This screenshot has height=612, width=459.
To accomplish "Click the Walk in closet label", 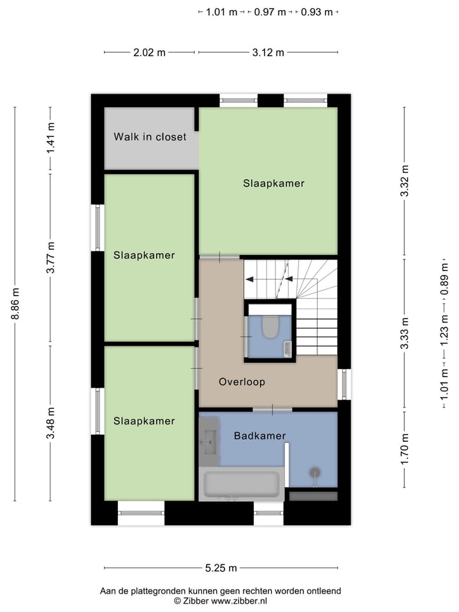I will pyautogui.click(x=150, y=136).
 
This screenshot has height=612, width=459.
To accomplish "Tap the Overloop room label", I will pyautogui.click(x=242, y=382).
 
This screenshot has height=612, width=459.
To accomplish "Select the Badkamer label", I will pyautogui.click(x=259, y=436).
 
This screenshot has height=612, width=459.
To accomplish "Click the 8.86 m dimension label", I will pyautogui.click(x=15, y=304).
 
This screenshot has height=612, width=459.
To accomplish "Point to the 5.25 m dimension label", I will pyautogui.click(x=221, y=568).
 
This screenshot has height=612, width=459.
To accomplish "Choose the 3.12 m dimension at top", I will pyautogui.click(x=268, y=52).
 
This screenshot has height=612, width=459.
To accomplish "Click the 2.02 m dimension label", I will pyautogui.click(x=149, y=52).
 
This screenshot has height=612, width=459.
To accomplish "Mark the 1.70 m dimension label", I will pyautogui.click(x=404, y=449).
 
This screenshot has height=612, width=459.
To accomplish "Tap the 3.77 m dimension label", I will pyautogui.click(x=51, y=258).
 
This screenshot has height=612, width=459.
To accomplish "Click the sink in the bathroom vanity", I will pyautogui.click(x=208, y=439).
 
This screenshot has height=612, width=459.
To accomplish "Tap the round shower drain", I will pyautogui.click(x=315, y=472).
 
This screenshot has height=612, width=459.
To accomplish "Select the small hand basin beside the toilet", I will pyautogui.click(x=288, y=349).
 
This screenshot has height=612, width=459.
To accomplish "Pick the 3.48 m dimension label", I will pyautogui.click(x=51, y=422).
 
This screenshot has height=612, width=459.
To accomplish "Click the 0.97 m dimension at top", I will pyautogui.click(x=270, y=12).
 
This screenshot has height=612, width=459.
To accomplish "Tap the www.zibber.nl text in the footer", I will pyautogui.click(x=239, y=601).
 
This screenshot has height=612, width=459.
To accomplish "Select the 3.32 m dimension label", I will pyautogui.click(x=404, y=181).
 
